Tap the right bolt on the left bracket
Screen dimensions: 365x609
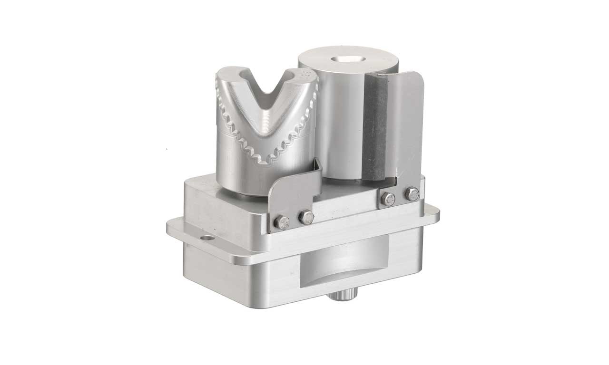point(305,218)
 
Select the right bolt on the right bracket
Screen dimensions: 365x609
point(412,194)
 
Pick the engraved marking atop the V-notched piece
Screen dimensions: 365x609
point(306,76)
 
